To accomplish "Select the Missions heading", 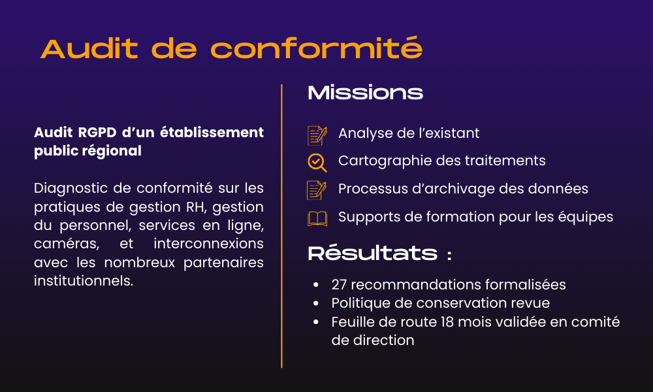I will click(x=365, y=93).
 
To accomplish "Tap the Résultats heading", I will click(x=372, y=253).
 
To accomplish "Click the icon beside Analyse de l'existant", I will click(x=317, y=135).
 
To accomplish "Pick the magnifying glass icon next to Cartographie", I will click(x=317, y=162).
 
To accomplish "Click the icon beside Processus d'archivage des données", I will click(x=317, y=189).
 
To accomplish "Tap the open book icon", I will click(x=317, y=218).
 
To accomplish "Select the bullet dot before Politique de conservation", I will click(x=316, y=304).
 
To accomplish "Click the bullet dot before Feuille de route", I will click(x=316, y=322).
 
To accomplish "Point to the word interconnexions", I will click(x=209, y=244).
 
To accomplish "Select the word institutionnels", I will click(x=83, y=281).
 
